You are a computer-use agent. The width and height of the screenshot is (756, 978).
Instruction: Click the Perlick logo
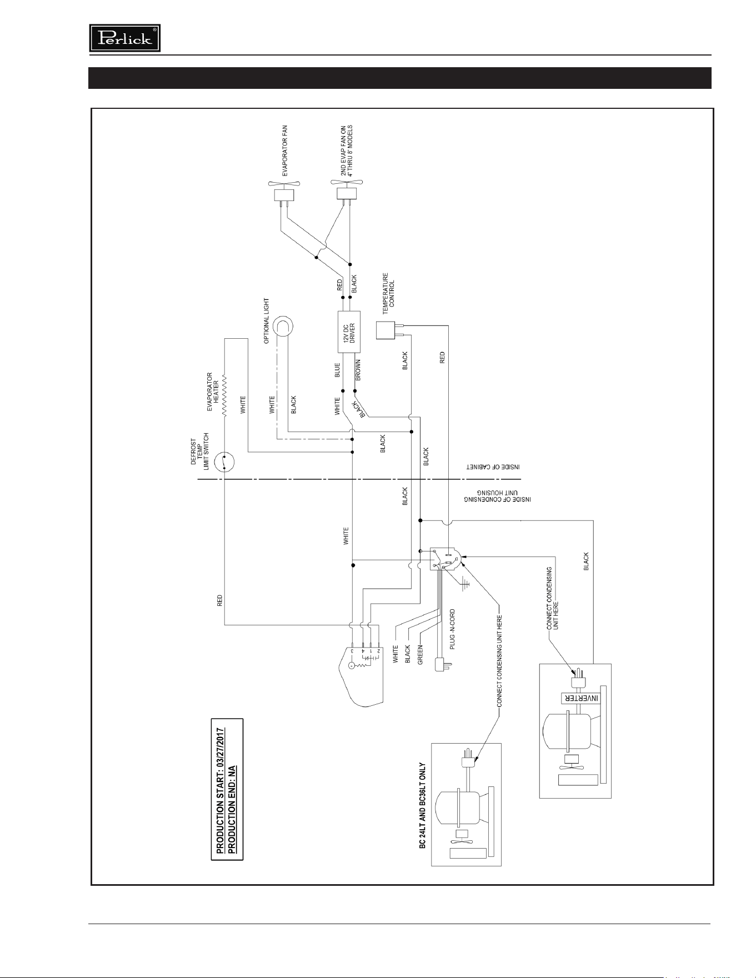(x=125, y=38)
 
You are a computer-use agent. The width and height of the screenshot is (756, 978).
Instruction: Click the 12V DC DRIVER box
(x=349, y=332)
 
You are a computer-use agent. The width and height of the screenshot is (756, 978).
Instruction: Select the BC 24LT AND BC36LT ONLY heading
(x=423, y=813)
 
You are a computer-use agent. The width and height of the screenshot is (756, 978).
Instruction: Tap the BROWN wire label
(x=358, y=370)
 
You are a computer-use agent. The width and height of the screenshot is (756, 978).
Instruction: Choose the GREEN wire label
(x=420, y=654)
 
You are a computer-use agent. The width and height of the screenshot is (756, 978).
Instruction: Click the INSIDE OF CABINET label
(x=492, y=468)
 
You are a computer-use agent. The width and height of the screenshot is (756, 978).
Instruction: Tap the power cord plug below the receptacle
(x=442, y=663)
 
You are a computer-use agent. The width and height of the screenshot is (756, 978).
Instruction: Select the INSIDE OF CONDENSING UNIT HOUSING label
(x=498, y=496)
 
